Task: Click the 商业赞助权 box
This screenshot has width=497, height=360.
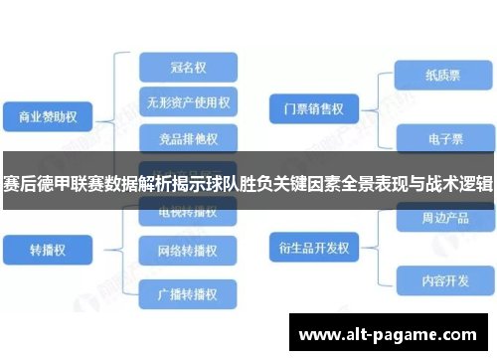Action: (x=48, y=117)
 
